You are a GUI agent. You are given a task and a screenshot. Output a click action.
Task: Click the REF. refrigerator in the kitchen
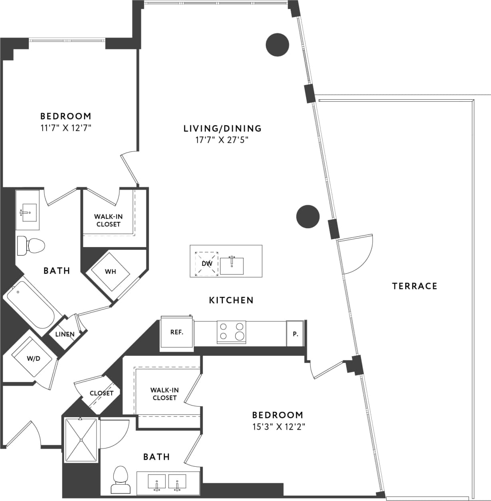pos(177,332)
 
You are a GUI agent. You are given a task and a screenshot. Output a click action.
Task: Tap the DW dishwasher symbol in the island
pos(207,263)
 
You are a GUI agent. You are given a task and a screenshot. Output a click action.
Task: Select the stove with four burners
pos(231,332)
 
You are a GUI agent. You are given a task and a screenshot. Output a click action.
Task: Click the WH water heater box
pos(110,272)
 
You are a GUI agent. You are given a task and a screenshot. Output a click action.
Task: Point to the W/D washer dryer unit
pos(34,358)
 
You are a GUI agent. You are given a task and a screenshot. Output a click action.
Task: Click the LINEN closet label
pos(65,334)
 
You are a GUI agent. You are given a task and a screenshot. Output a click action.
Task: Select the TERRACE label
pos(414,286)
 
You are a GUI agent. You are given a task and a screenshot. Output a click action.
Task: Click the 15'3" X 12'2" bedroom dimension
pos(279,426)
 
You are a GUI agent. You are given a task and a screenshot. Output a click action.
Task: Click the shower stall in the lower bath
pos(81,440)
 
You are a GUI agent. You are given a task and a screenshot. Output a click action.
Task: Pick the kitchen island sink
pos(232,266)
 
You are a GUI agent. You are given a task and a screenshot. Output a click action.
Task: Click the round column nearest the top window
pos(277,45)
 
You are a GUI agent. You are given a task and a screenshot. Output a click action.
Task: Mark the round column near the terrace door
pos(308,217)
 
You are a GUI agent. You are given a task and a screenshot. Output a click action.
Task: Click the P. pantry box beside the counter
pos(295,334)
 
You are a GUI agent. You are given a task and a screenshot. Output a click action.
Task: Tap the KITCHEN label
pos(231,300)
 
